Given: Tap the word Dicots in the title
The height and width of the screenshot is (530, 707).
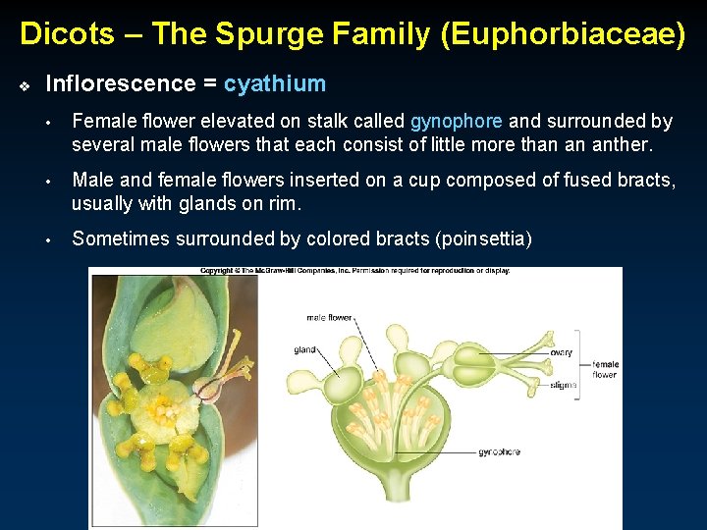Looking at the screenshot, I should (x=65, y=34).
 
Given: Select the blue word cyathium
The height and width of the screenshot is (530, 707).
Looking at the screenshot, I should (x=275, y=84).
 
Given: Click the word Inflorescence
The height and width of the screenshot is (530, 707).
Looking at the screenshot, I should (x=121, y=84).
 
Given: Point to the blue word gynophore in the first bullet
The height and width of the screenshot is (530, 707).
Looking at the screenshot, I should (x=456, y=122).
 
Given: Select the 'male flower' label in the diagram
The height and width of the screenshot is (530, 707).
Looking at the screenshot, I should (x=329, y=318).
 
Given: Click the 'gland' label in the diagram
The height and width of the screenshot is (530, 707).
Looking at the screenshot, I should (x=304, y=349).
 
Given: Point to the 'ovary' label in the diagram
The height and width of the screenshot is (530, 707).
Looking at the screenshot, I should (x=561, y=352).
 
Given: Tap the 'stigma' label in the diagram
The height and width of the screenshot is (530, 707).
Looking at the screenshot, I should (x=564, y=386).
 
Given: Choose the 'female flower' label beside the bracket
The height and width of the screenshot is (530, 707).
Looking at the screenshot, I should (x=605, y=370).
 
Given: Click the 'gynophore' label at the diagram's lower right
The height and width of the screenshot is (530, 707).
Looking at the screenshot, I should (x=499, y=452).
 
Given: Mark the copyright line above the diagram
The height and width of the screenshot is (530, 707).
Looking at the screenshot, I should (x=355, y=271).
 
